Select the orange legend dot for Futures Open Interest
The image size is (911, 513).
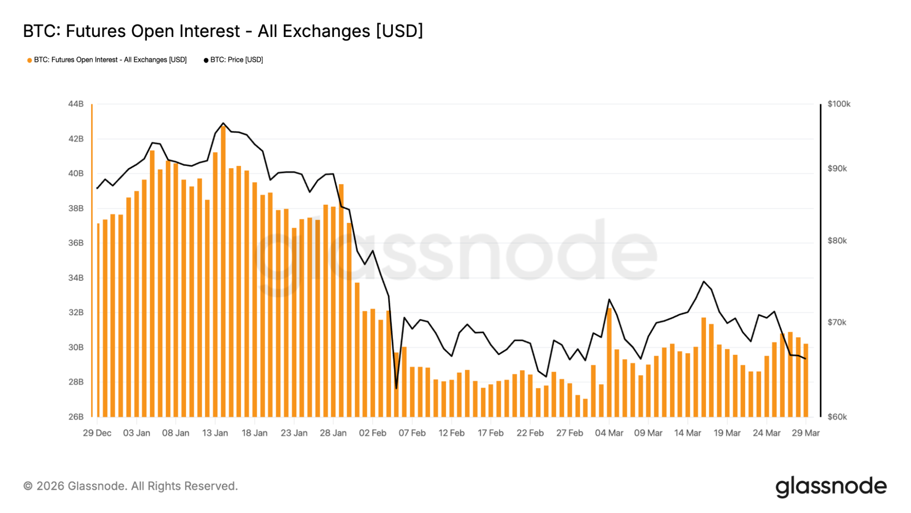click(x=30, y=60)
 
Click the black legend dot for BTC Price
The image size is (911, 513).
click(x=206, y=60)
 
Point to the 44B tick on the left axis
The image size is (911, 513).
click(x=76, y=104)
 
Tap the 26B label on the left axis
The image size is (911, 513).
click(x=76, y=417)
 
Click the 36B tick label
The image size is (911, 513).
click(x=76, y=243)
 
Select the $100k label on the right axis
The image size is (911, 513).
click(x=839, y=104)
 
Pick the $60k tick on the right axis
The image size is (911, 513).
click(x=837, y=417)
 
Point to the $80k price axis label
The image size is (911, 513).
click(x=837, y=241)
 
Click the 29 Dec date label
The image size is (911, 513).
click(x=97, y=433)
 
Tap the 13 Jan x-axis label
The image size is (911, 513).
click(x=215, y=433)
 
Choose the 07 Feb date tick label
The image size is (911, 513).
click(x=412, y=433)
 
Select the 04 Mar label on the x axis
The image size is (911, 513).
click(x=609, y=433)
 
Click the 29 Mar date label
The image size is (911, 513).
click(x=806, y=433)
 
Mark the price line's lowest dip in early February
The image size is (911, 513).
click(x=396, y=388)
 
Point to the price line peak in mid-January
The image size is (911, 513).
click(x=223, y=123)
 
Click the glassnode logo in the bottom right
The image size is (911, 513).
click(x=831, y=487)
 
